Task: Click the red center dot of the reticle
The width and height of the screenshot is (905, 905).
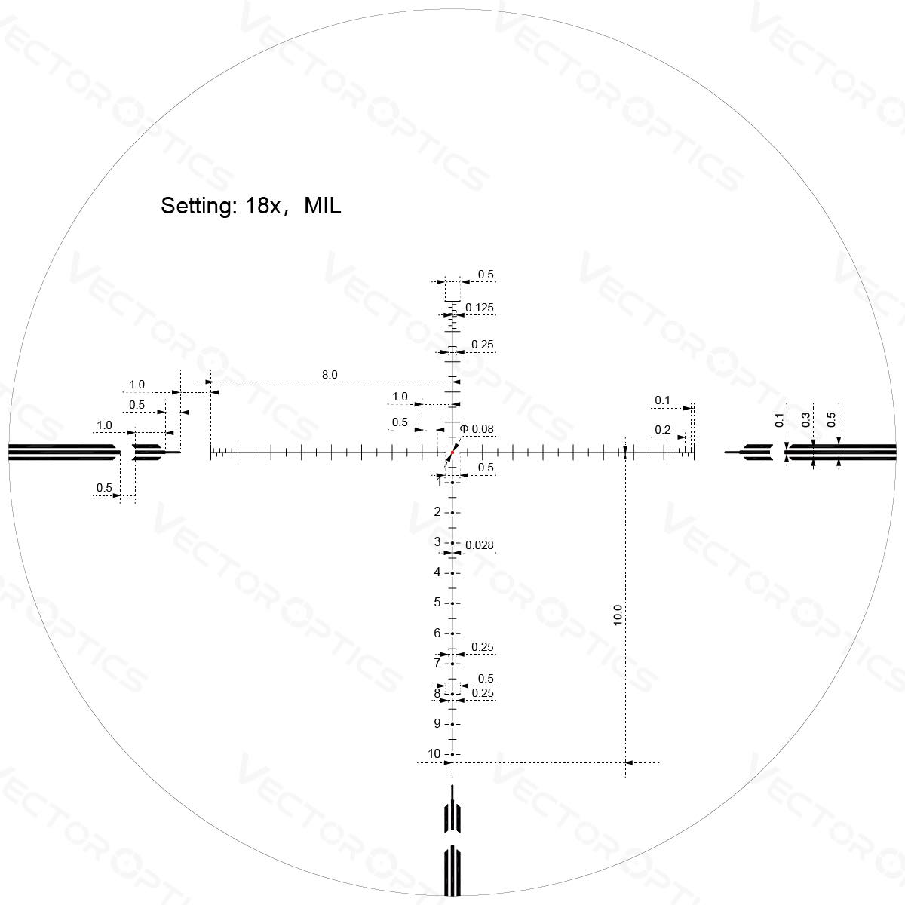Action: pos(452,452)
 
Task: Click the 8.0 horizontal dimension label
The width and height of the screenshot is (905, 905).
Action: pos(330,375)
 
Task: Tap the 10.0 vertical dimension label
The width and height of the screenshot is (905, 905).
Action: pos(618,615)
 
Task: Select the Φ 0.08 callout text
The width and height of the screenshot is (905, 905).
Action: pos(476,429)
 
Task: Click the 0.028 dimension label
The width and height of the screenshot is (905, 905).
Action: pos(480,545)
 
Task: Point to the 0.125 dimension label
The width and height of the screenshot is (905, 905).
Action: pos(480,308)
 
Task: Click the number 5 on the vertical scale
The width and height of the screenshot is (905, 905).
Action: pos(437,602)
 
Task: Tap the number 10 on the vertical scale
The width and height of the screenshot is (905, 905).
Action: pos(434,753)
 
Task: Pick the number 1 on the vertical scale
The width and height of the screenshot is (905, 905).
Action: pos(439,481)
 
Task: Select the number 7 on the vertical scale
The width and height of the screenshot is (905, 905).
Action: pos(437,663)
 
